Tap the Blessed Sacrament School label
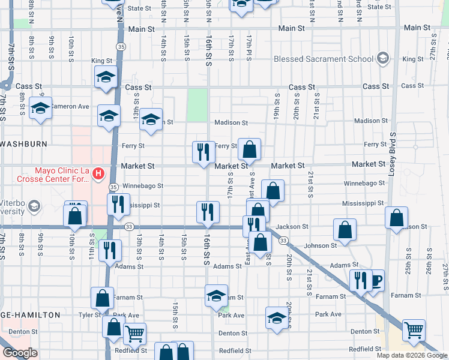tap(323, 59)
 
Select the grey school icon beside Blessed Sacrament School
tap(382, 59)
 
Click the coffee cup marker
tap(376, 280)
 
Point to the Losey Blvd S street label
tap(392, 151)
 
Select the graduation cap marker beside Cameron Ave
tap(41, 108)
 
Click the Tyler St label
tap(89, 314)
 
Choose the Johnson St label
tap(320, 245)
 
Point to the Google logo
tap(20, 353)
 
